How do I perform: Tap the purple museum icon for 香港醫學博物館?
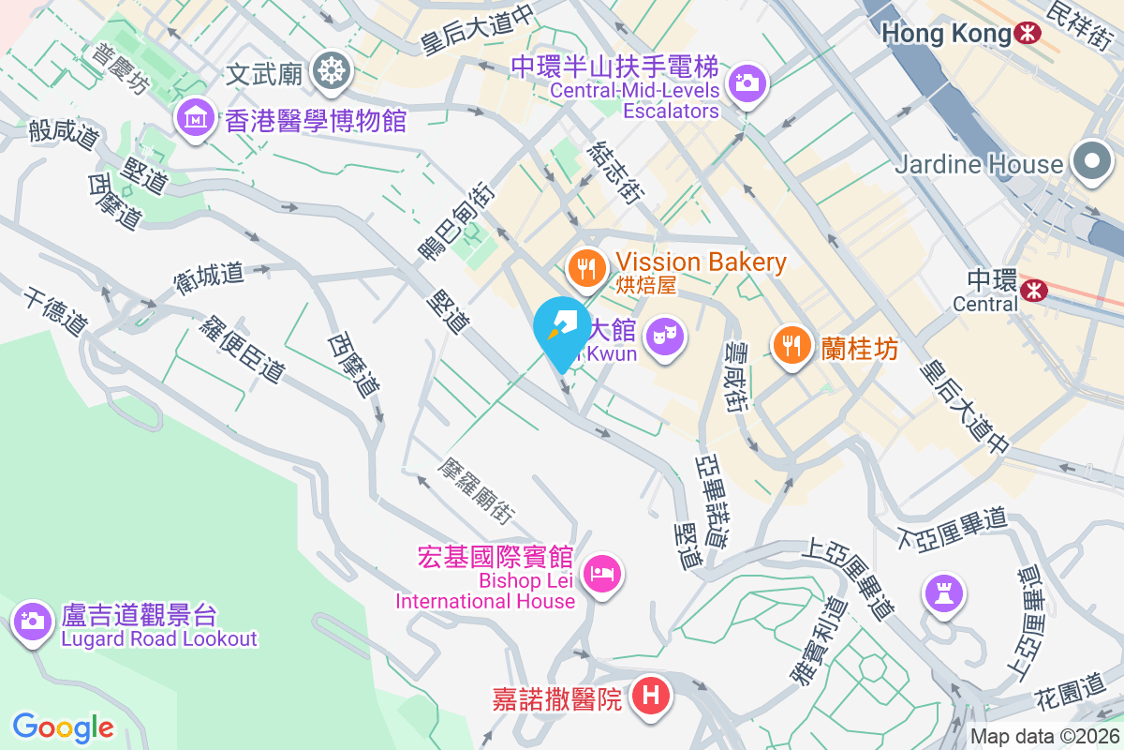pyautogui.click(x=195, y=118)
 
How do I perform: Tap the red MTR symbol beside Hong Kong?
pyautogui.click(x=1028, y=35)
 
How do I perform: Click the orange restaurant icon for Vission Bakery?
pyautogui.click(x=587, y=270)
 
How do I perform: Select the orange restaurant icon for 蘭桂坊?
pyautogui.click(x=792, y=345)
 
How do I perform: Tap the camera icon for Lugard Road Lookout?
pyautogui.click(x=33, y=620)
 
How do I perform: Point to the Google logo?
pyautogui.click(x=64, y=727)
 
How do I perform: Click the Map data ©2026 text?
pyautogui.click(x=1043, y=737)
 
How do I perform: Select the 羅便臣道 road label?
pyautogui.click(x=242, y=348)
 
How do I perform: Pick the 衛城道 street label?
pyautogui.click(x=209, y=275)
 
